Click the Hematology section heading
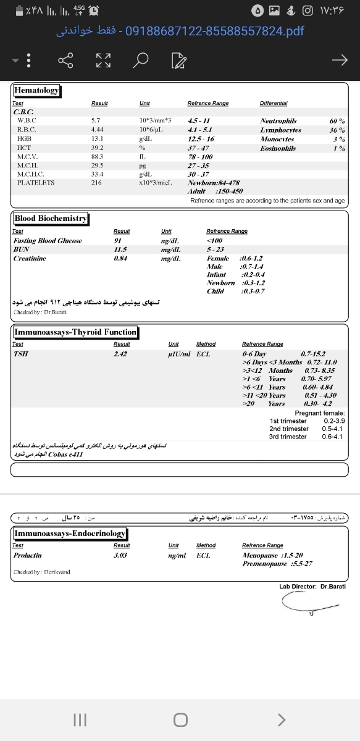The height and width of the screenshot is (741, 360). tap(37, 90)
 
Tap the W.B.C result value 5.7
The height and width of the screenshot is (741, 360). tap(96, 121)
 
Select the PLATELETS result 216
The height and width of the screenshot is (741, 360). tap(96, 183)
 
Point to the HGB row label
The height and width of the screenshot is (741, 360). tap(25, 139)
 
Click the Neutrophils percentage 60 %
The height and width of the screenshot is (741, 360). tap(337, 121)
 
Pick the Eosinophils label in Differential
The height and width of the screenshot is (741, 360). tap(278, 148)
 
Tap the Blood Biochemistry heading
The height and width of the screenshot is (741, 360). tap(51, 219)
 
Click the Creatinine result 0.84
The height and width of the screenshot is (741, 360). tap(120, 258)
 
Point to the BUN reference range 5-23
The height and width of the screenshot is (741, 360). tap(215, 249)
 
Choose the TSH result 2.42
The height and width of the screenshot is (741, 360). tap(120, 354)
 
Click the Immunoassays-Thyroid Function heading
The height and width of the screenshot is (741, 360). tap(75, 332)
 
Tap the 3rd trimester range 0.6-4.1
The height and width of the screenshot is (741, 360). tap(332, 437)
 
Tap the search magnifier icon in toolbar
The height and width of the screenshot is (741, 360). tap(141, 60)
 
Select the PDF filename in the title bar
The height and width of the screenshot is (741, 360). tap(214, 30)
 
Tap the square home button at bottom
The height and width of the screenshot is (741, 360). tap(180, 719)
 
